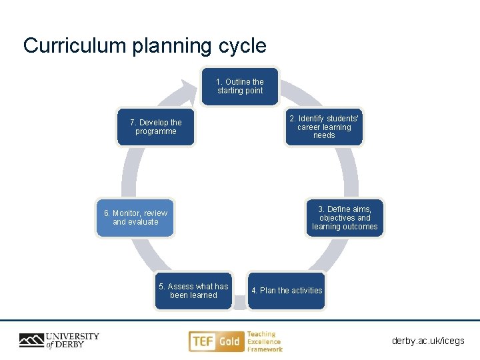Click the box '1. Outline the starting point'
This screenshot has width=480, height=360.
(x=240, y=87)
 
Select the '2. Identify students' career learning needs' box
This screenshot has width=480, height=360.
(x=324, y=127)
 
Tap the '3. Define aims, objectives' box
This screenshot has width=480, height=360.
(x=345, y=218)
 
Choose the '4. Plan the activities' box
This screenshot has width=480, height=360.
(x=287, y=291)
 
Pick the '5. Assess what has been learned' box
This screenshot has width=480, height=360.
(x=193, y=291)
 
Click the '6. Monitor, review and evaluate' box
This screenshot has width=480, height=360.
(x=135, y=218)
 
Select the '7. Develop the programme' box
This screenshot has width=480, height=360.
(x=156, y=127)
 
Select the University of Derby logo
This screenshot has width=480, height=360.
(x=59, y=341)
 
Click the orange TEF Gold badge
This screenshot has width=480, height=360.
(x=215, y=341)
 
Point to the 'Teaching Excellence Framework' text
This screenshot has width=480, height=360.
(x=265, y=341)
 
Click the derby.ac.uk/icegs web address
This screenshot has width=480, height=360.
(x=428, y=341)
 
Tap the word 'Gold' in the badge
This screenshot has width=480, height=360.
(x=229, y=341)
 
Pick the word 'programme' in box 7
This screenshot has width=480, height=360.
(x=156, y=131)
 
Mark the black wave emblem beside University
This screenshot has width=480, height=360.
(x=31, y=341)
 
